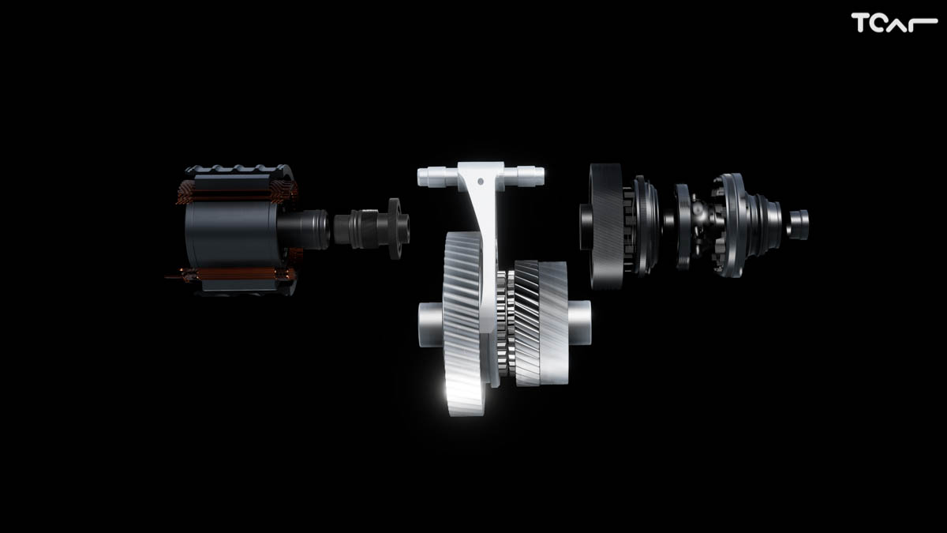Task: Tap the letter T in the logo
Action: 859,23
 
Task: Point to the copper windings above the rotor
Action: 237,191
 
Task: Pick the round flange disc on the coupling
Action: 395,228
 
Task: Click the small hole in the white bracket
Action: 481,182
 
